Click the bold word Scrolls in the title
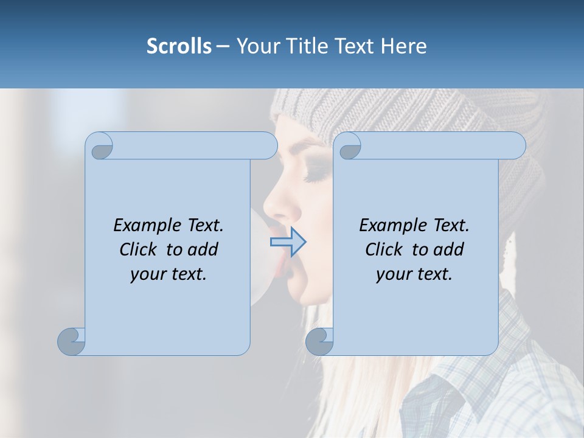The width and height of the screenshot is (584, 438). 179,46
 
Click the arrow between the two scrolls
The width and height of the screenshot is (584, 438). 288,242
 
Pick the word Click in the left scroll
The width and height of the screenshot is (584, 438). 140,249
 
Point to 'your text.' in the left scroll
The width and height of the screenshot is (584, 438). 169,274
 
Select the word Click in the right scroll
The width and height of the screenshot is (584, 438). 386,249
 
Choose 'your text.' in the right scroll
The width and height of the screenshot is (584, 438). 414,274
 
